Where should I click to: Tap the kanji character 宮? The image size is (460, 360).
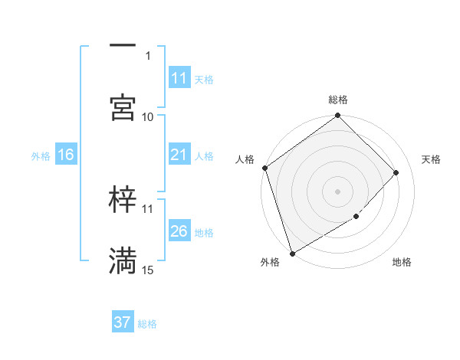tap(123, 108)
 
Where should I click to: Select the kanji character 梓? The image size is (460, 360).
tap(123, 201)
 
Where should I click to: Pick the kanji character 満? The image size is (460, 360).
tap(123, 261)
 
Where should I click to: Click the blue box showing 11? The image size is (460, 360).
tap(179, 78)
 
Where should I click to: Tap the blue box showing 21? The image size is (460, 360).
tap(179, 155)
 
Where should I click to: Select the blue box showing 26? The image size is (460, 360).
tap(179, 231)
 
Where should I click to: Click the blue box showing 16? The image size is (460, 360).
tap(66, 155)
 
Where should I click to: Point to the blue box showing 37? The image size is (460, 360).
tap(123, 322)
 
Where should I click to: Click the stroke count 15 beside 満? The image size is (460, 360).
tap(148, 270)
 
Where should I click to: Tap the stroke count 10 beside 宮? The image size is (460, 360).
tap(148, 116)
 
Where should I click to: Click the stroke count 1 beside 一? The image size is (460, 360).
tap(148, 55)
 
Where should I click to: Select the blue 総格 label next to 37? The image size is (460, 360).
tap(147, 324)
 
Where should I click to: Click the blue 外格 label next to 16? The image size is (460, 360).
tap(41, 155)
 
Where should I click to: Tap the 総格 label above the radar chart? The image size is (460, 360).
tap(338, 100)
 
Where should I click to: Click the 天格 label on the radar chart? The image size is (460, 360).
tap(432, 159)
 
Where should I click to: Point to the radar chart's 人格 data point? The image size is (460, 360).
tap(264, 168)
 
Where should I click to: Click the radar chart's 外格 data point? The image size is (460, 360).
tap(292, 253)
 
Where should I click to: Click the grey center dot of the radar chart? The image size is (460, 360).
tap(338, 191)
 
